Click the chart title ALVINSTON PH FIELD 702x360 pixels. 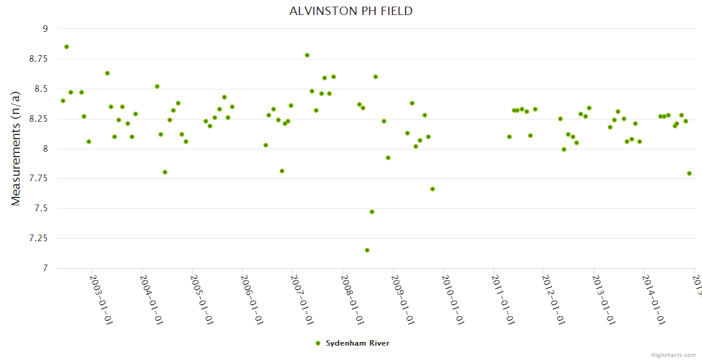click(x=351, y=11)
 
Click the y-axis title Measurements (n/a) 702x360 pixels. click(x=16, y=148)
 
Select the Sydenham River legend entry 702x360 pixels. click(x=357, y=343)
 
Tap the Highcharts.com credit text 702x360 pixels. click(x=673, y=355)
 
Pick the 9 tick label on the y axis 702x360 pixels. click(x=44, y=29)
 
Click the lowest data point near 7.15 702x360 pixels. click(x=367, y=250)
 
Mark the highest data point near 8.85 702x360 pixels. click(x=67, y=47)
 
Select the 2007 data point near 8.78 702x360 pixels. click(x=307, y=55)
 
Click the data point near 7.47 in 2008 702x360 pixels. click(x=372, y=212)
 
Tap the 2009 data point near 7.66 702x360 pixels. click(x=433, y=189)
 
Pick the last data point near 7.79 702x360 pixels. click(x=689, y=173)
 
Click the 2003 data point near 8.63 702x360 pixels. click(x=107, y=73)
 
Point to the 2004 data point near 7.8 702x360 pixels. click(x=165, y=172)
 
